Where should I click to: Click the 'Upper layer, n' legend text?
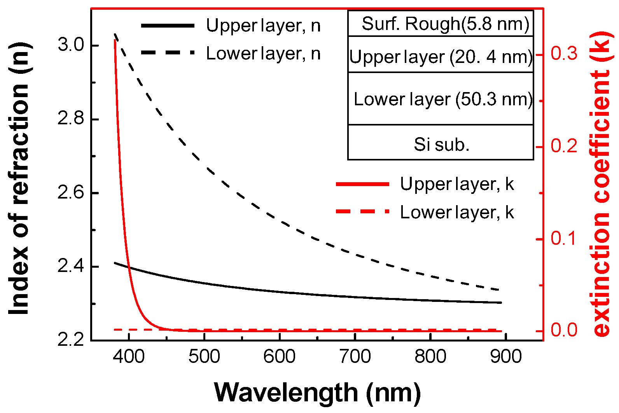pos(263,26)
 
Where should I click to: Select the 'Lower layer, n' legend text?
pos(263,54)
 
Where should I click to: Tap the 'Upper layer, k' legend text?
pos(457,184)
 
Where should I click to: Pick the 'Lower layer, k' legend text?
pos(457,213)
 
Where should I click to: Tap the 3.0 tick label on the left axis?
pos(71,45)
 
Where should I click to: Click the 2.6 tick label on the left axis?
pos(71,193)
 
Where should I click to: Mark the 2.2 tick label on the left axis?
pos(71,339)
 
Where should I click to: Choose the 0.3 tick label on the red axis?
pos(564,53)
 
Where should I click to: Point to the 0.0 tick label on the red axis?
pos(564,330)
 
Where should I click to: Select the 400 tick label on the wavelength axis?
pos(129,357)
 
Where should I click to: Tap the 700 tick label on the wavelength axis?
pos(355,357)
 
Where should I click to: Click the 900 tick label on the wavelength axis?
pos(505,357)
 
